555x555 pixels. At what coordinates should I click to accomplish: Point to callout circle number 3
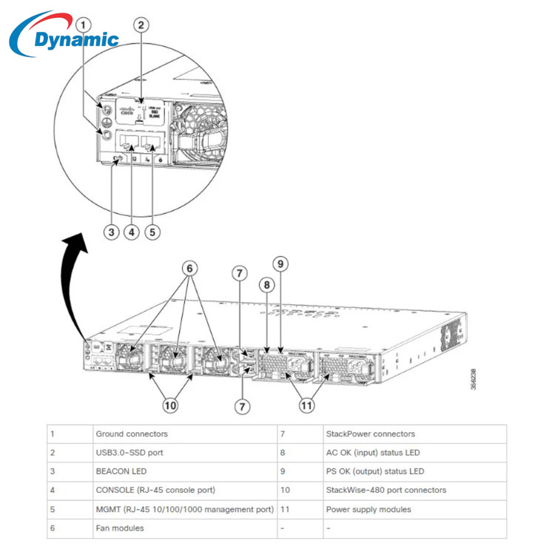pyautogui.click(x=111, y=232)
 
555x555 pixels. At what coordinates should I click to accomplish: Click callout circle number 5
pyautogui.click(x=152, y=232)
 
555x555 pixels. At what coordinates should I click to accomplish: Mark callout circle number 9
pyautogui.click(x=280, y=263)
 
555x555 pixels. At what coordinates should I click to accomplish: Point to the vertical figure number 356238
pyautogui.click(x=473, y=379)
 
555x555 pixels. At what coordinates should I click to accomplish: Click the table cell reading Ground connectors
pyautogui.click(x=132, y=434)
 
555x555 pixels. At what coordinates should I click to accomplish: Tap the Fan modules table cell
pyautogui.click(x=119, y=528)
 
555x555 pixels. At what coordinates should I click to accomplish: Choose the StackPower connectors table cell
pyautogui.click(x=370, y=434)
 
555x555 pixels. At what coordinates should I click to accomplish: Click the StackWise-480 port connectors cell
pyautogui.click(x=386, y=490)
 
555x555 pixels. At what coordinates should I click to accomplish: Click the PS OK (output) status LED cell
pyautogui.click(x=375, y=471)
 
